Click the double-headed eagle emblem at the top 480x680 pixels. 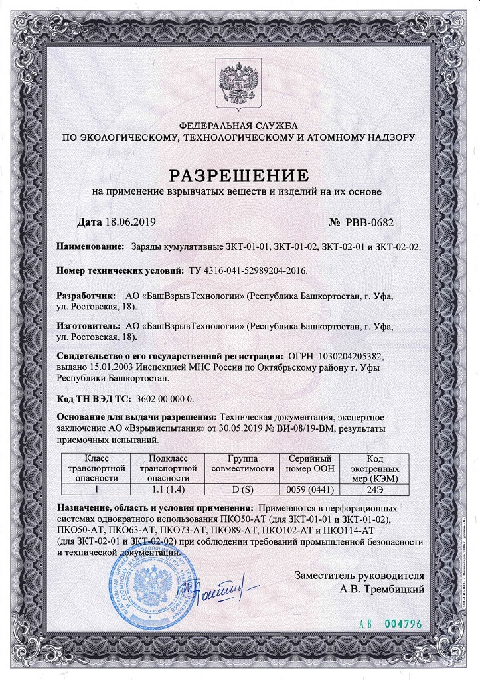click(240, 84)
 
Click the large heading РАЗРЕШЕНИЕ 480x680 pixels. click(239, 175)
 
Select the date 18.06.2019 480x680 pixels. click(130, 221)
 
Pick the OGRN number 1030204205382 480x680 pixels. click(347, 357)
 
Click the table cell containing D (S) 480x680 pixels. click(242, 489)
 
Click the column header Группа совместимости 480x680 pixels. click(242, 464)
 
